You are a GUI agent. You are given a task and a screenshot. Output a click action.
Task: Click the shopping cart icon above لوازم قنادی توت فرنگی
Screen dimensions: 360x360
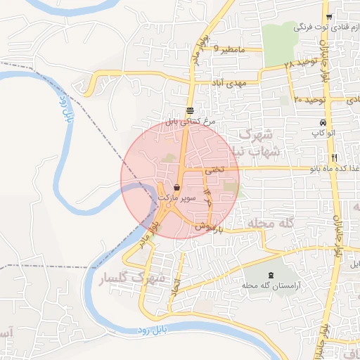point(328,17)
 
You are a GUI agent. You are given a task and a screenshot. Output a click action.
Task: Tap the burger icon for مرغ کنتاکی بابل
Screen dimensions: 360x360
point(191,110)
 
